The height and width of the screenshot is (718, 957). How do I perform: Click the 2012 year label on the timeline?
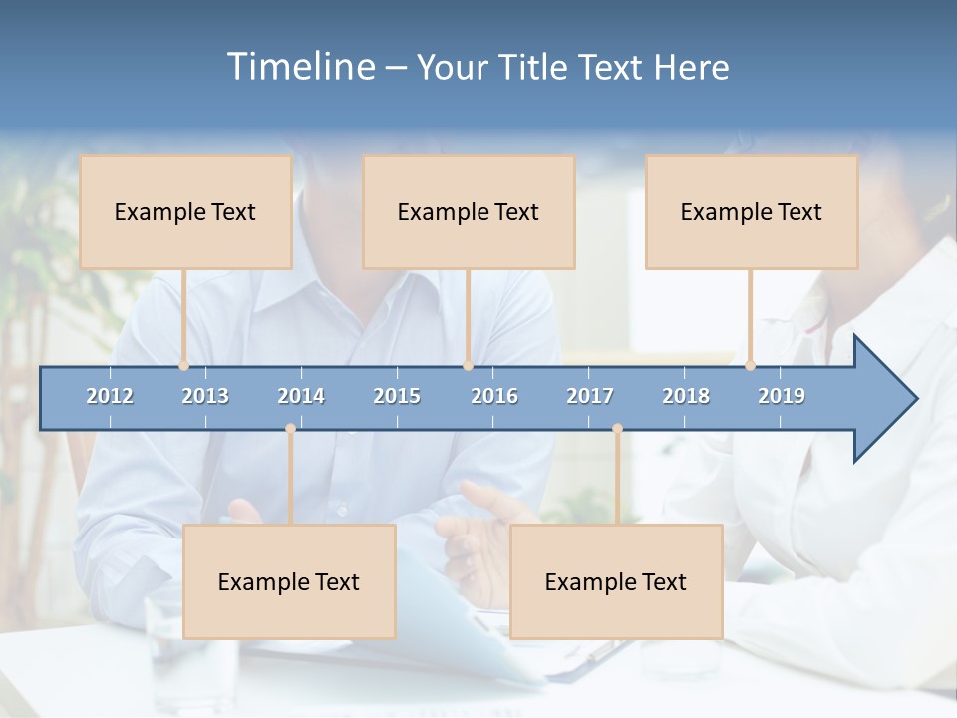click(110, 396)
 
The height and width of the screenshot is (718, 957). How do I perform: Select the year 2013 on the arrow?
click(205, 396)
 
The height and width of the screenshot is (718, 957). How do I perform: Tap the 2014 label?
click(301, 396)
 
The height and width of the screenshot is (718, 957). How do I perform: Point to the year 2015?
click(397, 396)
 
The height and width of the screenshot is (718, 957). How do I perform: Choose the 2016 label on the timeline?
click(494, 396)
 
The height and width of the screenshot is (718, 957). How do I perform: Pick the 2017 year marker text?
click(590, 396)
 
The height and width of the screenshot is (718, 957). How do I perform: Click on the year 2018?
click(686, 396)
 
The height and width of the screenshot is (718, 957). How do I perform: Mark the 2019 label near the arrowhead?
click(782, 396)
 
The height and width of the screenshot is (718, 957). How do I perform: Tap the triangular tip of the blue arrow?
click(892, 399)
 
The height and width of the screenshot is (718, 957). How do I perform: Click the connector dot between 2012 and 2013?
click(184, 366)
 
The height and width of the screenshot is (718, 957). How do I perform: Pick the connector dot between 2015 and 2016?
click(468, 366)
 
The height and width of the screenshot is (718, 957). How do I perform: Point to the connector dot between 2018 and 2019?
click(751, 366)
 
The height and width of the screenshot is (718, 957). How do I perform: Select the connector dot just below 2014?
click(290, 429)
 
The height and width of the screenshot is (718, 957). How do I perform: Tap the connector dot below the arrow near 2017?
click(617, 429)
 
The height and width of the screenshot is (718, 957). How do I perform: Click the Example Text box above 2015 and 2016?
click(469, 211)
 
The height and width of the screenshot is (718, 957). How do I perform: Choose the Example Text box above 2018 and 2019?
click(752, 211)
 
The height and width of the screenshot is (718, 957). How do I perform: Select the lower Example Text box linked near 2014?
click(289, 581)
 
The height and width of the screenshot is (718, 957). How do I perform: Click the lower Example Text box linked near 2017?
click(616, 581)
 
